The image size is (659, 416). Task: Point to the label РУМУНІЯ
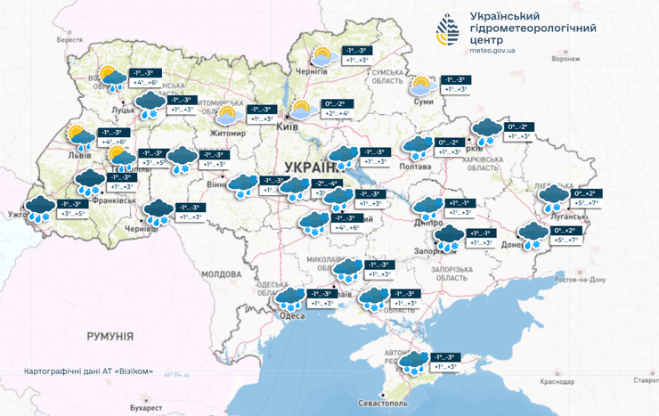point(110,336)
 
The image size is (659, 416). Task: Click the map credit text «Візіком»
point(146,370)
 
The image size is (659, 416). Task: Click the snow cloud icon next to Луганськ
point(555,198)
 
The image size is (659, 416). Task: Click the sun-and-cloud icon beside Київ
point(302,110)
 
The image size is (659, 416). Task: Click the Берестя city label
point(69,40)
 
